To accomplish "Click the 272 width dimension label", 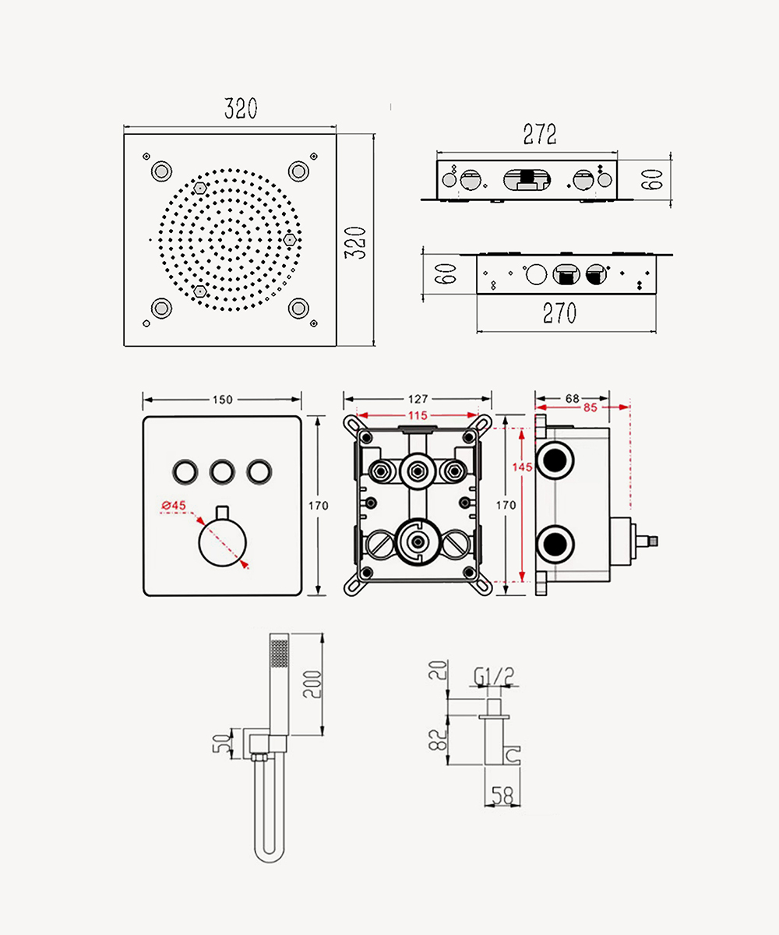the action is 540,134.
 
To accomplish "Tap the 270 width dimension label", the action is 559,313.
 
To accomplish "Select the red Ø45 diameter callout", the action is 174,505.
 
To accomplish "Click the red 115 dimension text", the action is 418,415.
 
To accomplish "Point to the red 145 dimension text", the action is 522,467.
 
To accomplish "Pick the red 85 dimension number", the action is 590,408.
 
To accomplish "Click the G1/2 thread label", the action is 494,676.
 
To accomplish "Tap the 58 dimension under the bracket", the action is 502,796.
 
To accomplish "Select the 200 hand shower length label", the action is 312,684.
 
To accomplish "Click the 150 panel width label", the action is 223,400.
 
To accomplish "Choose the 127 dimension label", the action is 418,398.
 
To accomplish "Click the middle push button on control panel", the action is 223,471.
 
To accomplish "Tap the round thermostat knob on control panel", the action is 223,542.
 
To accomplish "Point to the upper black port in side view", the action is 555,460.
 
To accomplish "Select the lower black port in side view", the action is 555,544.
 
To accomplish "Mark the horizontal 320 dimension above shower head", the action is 241,108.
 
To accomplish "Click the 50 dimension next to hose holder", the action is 223,743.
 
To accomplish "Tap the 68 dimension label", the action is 572,398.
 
